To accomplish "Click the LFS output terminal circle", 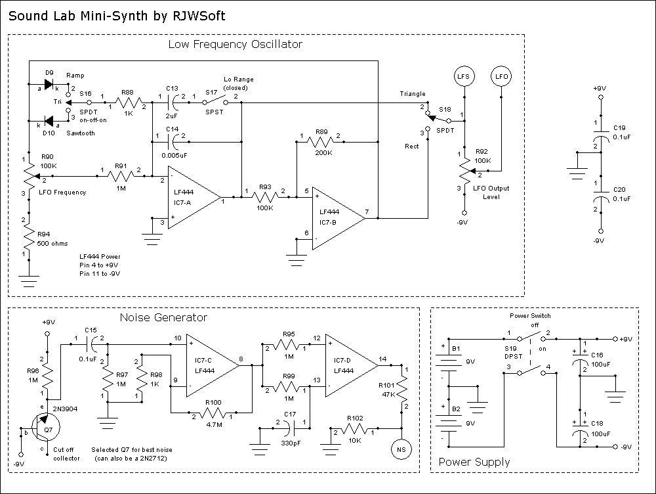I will [x=464, y=78].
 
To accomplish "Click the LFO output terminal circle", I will [x=502, y=78].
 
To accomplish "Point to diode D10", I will [x=49, y=122].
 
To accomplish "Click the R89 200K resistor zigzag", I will [x=321, y=141].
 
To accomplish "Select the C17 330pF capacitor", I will [x=290, y=430].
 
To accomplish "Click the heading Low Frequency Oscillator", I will [x=235, y=45].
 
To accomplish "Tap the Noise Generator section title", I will [x=163, y=318].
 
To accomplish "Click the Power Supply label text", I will [x=474, y=462].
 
